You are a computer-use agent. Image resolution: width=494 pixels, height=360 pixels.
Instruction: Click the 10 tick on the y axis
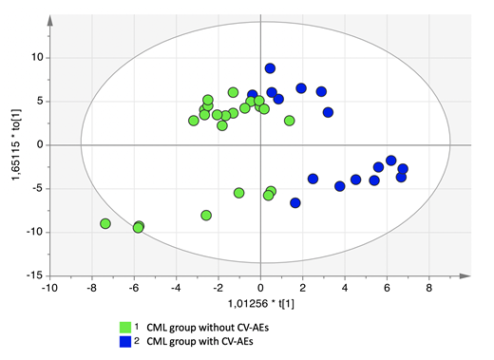coord(37,58)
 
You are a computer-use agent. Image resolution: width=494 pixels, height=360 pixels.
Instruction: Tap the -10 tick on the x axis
coord(51,286)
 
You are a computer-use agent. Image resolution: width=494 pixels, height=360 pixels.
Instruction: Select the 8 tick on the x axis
coord(429,286)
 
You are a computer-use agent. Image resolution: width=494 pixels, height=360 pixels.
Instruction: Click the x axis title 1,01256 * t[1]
coord(259,303)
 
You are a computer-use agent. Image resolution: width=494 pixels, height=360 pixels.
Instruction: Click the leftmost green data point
coord(105,224)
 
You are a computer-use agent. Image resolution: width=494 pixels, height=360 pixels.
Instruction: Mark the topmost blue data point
coord(271,68)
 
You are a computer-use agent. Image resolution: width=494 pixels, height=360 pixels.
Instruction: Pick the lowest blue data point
coord(295,203)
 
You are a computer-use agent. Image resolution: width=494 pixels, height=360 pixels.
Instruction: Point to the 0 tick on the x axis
coord(261,286)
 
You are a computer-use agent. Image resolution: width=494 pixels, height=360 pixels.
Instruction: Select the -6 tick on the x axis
coord(135,286)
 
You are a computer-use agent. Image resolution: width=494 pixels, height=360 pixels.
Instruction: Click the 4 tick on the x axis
coord(345,286)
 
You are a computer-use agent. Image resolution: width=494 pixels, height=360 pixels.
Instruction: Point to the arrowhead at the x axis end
coord(466,275)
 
